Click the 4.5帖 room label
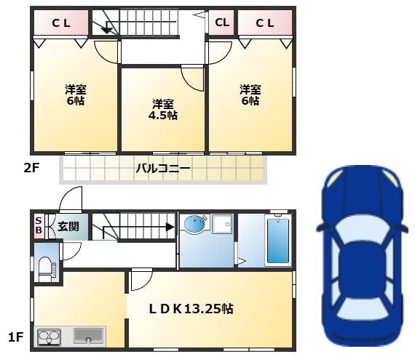click(163, 110)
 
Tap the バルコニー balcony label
click(163, 168)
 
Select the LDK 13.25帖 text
click(191, 309)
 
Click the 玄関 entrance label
click(68, 227)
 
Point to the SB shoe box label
click(39, 225)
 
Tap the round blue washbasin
click(194, 224)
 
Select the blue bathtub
click(278, 241)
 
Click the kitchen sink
click(88, 336)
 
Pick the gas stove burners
click(50, 337)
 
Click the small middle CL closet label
click(222, 23)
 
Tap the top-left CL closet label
click(61, 23)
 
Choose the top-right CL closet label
click(265, 23)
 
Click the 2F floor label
click(31, 168)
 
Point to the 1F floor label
click(16, 337)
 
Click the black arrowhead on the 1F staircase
click(170, 227)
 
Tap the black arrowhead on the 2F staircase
click(107, 31)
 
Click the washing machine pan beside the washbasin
click(222, 224)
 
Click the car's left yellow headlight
click(334, 178)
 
